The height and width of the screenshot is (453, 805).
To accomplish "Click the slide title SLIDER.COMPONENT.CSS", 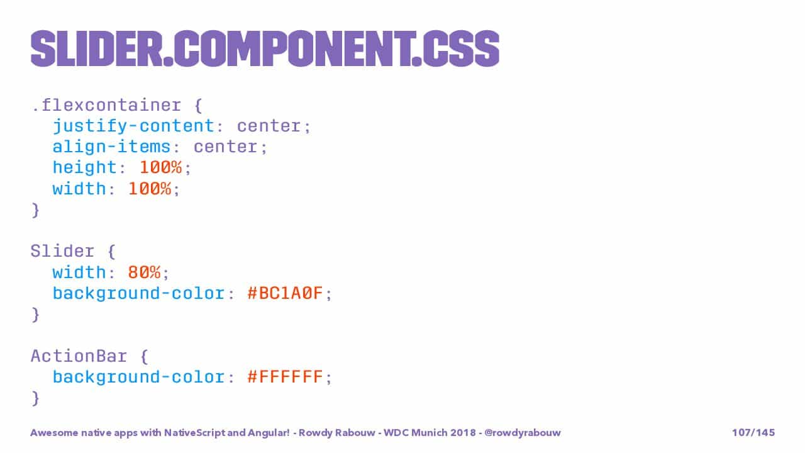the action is click(265, 48).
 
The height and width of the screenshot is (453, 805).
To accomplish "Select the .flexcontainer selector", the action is click(106, 105).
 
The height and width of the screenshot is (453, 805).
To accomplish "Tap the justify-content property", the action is click(134, 126).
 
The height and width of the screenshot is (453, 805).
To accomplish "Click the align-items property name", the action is click(111, 147).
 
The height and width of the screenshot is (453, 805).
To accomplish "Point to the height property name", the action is click(84, 168).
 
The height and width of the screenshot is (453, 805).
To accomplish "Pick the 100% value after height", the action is click(160, 167).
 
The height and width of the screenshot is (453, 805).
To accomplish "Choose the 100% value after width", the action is click(150, 189).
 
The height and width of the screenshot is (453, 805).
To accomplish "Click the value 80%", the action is click(144, 272).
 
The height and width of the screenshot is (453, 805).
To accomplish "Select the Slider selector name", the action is click(62, 251).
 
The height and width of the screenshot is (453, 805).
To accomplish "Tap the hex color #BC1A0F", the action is click(286, 293).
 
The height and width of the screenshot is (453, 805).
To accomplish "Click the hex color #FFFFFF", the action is click(286, 377).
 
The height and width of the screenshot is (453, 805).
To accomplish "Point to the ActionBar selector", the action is click(79, 356).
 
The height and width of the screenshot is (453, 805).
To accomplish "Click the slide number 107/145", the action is click(753, 432).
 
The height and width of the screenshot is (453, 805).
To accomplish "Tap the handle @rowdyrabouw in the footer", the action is click(523, 432).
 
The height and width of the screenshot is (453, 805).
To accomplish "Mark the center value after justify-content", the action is click(269, 126).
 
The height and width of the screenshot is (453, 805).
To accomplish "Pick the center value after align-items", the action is click(226, 147).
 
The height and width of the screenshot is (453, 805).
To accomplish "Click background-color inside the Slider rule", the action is click(139, 293).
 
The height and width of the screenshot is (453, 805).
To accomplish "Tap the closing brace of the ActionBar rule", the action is click(35, 398).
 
